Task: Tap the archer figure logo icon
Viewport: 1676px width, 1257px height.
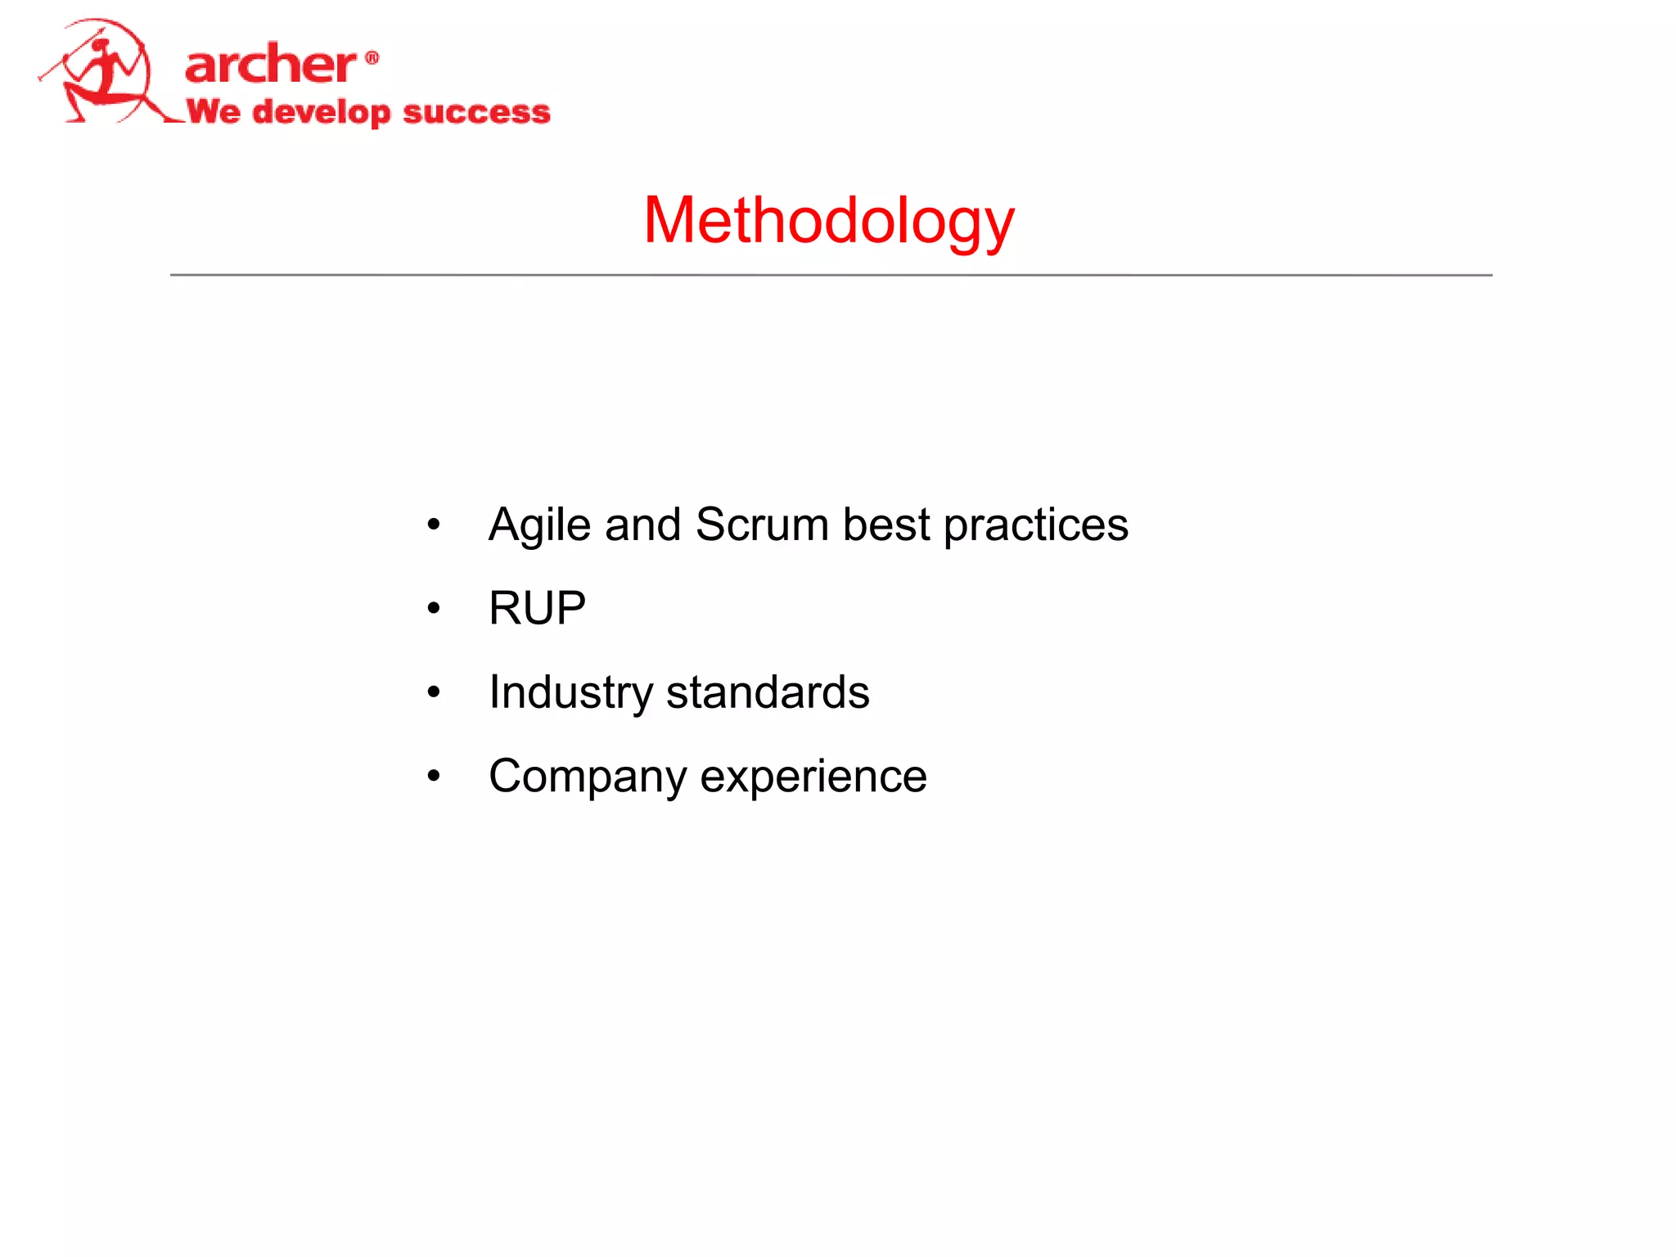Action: coord(102,74)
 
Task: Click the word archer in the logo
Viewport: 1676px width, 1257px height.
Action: coord(270,65)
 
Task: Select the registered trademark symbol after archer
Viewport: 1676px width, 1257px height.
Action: coord(372,57)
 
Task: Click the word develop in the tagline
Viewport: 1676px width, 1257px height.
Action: coord(321,112)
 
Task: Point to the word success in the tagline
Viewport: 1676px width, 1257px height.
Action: coord(476,111)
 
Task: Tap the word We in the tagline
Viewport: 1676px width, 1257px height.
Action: coord(214,110)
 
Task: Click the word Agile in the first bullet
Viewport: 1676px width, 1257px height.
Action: coord(539,525)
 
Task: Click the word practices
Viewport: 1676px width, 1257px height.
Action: coord(1035,525)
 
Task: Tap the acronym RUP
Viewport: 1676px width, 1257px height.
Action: coord(537,608)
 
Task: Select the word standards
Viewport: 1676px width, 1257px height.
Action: coord(767,692)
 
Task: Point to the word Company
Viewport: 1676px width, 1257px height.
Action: coord(587,776)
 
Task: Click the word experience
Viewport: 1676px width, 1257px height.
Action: coord(813,776)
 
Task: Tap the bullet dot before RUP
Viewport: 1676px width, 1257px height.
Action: coord(434,608)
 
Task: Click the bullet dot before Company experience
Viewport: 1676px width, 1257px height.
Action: coord(434,776)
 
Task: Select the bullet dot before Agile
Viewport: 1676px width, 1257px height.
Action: coord(434,525)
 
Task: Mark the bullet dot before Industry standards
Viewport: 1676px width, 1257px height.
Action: coord(434,692)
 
